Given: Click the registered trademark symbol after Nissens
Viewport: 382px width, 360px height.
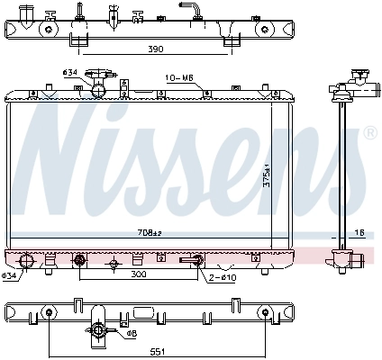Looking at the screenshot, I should tap(369, 133).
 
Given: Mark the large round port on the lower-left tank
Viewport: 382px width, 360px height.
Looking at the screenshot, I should tap(27, 263).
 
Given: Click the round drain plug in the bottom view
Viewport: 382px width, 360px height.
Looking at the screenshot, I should tap(98, 335).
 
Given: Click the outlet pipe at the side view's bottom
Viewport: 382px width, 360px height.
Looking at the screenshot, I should tap(359, 260).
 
